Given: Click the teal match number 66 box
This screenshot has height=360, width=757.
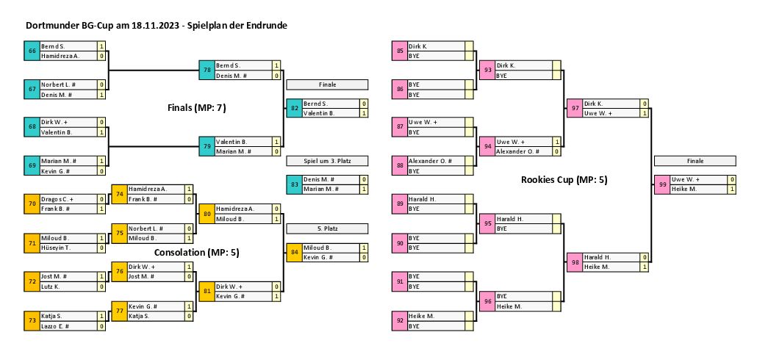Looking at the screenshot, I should click(x=32, y=51).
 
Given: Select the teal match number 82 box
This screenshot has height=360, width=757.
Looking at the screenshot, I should click(x=294, y=108).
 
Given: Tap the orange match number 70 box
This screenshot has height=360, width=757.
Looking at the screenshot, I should click(x=32, y=204).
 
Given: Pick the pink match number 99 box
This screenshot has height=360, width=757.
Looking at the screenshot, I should click(x=662, y=184).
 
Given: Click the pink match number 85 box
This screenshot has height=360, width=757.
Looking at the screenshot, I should click(x=399, y=51).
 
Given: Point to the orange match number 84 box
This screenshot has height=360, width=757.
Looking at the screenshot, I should click(x=294, y=252).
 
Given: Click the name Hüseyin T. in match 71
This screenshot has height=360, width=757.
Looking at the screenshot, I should click(x=56, y=248).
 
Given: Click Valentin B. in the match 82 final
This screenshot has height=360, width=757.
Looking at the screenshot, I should click(x=319, y=113).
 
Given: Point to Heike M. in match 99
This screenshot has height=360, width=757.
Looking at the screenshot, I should click(x=684, y=189).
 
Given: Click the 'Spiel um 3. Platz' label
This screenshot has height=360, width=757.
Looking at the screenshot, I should click(x=326, y=161).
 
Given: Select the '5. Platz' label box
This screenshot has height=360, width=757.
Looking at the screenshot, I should click(x=326, y=228).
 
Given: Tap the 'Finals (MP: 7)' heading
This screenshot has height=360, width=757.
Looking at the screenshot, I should click(x=196, y=108).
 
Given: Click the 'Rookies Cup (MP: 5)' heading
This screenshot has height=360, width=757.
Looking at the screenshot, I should click(x=564, y=179).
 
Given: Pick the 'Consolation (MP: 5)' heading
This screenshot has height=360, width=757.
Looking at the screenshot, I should click(x=197, y=252).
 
